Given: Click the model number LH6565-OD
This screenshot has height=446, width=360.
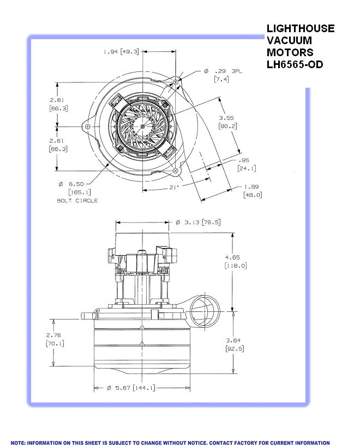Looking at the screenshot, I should coord(295,64).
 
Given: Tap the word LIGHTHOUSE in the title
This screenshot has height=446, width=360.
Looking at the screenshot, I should coord(300,28).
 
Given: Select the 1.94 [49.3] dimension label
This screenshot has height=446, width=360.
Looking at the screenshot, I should coord(121,52).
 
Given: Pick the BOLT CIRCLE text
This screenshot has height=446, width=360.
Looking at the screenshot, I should coord(77,201).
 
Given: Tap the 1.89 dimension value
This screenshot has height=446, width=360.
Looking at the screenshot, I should coord(252,186).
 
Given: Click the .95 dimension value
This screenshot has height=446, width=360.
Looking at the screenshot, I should coord(244,160).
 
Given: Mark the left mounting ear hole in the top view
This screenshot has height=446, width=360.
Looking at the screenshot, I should coord(87,126).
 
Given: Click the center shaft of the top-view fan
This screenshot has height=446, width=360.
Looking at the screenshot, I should coord(142,126).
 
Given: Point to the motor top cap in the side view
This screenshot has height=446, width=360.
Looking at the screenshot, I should coord(142,239).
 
